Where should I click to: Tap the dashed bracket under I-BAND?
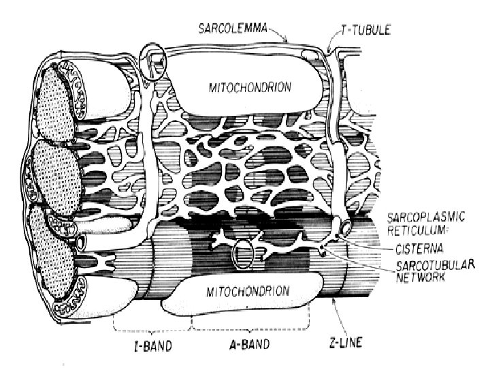[x=150, y=324]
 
